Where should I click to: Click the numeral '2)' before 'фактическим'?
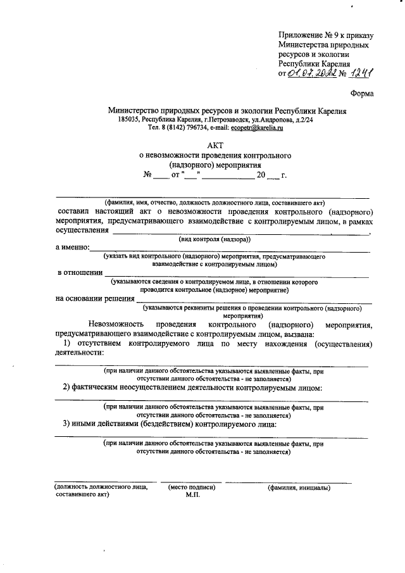coord(66,386)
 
